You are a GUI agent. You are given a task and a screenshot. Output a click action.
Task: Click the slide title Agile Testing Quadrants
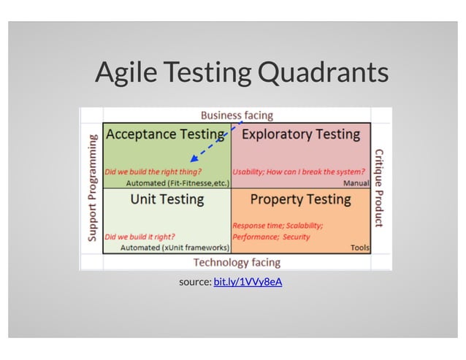[241, 72]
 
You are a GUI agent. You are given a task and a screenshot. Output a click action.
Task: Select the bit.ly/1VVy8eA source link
[248, 281]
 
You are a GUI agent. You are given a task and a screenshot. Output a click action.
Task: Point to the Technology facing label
[236, 262]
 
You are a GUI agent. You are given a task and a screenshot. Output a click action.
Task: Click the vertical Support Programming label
[93, 188]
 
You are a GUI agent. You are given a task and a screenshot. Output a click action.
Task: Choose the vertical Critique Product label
[378, 188]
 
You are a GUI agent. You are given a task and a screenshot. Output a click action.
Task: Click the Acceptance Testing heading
[165, 134]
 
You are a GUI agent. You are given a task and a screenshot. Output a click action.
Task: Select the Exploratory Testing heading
[300, 134]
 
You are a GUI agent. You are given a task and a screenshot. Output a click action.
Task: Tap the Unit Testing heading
[167, 199]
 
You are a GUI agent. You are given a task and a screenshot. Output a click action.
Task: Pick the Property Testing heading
[300, 199]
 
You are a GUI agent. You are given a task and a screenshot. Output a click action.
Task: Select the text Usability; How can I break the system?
[299, 172]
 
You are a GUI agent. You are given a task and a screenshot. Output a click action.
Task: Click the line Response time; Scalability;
[278, 225]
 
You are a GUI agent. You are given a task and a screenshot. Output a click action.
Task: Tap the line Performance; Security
[271, 237]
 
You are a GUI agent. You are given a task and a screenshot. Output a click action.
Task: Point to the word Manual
[356, 183]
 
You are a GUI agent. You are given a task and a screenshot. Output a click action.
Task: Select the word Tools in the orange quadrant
[359, 248]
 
